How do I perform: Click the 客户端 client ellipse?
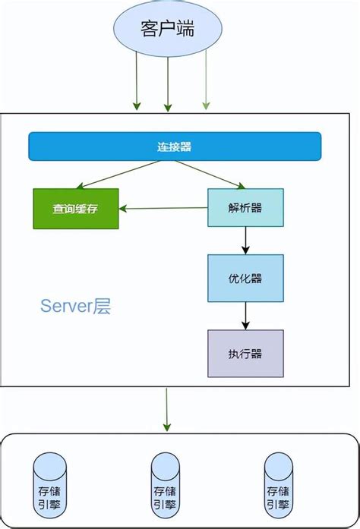168,30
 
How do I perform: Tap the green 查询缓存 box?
75,208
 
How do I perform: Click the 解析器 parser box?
245,207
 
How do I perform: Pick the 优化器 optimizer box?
245,278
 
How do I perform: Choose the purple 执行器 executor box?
245,354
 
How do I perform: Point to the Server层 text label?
75,307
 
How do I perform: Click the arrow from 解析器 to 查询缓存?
163,208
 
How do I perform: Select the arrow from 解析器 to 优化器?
245,240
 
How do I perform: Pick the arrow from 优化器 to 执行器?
245,315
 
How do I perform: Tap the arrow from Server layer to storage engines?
168,410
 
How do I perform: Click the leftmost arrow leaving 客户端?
137,83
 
